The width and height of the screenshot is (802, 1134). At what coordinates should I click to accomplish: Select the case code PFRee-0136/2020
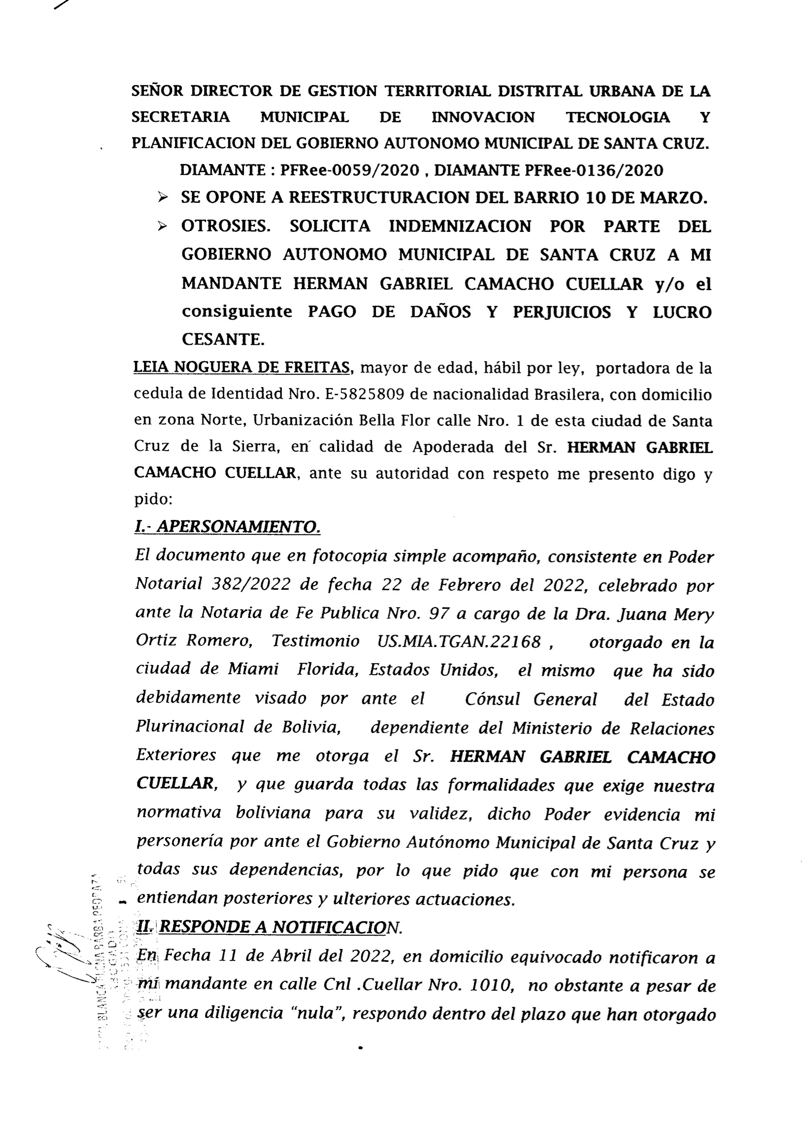(593, 170)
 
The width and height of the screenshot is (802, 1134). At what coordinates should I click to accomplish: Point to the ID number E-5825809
(365, 395)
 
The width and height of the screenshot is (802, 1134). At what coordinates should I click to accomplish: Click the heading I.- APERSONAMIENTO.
(228, 528)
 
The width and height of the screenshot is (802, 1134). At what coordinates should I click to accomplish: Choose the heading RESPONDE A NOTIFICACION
(280, 927)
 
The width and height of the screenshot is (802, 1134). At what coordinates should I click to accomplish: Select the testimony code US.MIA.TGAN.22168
(459, 642)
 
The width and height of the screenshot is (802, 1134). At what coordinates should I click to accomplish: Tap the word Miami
(253, 669)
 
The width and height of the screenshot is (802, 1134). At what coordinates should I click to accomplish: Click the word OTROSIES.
(226, 226)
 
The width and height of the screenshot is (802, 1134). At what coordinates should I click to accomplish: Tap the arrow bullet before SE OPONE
(162, 198)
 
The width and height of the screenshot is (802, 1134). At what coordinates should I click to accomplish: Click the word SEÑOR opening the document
(157, 91)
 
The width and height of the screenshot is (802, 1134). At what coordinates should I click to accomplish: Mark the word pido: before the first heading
(153, 499)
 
